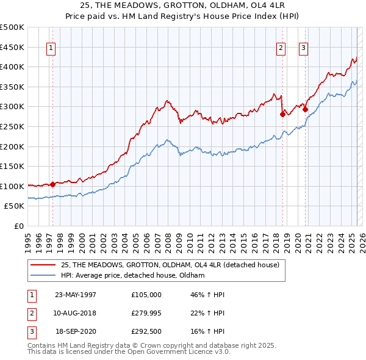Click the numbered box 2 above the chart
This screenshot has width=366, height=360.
281,49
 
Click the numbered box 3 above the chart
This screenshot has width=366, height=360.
303,49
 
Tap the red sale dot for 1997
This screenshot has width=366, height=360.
53,184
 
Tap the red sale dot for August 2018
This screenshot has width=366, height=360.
282,114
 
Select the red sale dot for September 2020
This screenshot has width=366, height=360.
306,110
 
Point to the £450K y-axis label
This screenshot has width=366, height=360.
12,47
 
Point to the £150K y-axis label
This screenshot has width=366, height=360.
12,166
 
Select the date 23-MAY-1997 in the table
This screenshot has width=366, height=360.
76,295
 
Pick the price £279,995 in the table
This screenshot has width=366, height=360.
146,313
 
